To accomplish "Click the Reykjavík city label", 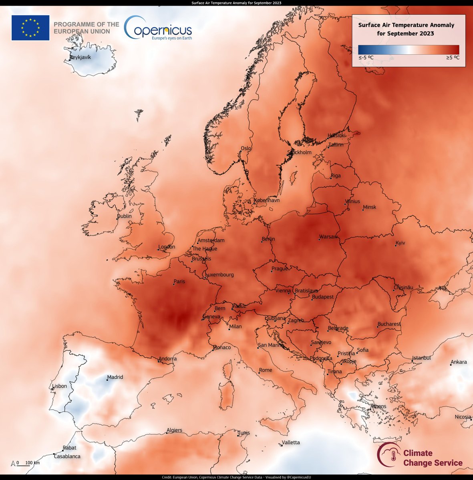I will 81,57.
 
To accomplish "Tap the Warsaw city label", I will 328,237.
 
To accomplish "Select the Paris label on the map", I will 179,281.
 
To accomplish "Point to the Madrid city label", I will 115,377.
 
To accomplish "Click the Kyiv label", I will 400,243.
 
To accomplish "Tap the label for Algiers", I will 174,430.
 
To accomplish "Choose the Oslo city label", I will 246,148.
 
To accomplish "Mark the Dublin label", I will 124,216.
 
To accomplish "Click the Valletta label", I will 291,442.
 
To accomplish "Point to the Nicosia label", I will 463,417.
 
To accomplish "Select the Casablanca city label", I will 67,456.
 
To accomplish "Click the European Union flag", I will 30,28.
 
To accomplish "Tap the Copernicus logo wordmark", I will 158,28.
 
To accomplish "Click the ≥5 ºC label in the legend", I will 453,58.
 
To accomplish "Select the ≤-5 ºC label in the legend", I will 366,58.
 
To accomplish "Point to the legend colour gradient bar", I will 409,49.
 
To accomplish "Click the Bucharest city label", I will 389,324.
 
